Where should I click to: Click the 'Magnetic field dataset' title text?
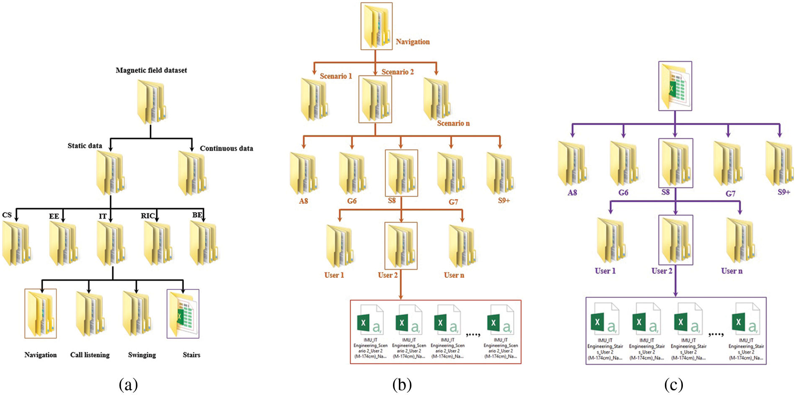tap(151, 70)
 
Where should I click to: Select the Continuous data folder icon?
tap(192, 173)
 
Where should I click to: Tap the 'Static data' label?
tap(85, 146)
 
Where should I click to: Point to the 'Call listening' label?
tap(90, 355)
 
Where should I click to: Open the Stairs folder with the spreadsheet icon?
tap(183, 314)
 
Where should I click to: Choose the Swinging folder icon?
tap(136, 314)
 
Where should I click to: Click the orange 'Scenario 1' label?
tap(336, 76)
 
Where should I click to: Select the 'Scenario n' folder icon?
tap(437, 99)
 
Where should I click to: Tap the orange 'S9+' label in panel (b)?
tap(504, 201)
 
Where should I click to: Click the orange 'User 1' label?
tap(334, 275)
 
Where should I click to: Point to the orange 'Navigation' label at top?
tap(413, 42)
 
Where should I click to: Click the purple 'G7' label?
tap(730, 194)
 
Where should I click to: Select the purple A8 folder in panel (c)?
tap(572, 164)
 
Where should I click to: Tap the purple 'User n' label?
tap(731, 271)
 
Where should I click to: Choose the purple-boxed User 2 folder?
tap(675, 240)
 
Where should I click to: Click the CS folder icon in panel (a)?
tap(17, 243)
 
